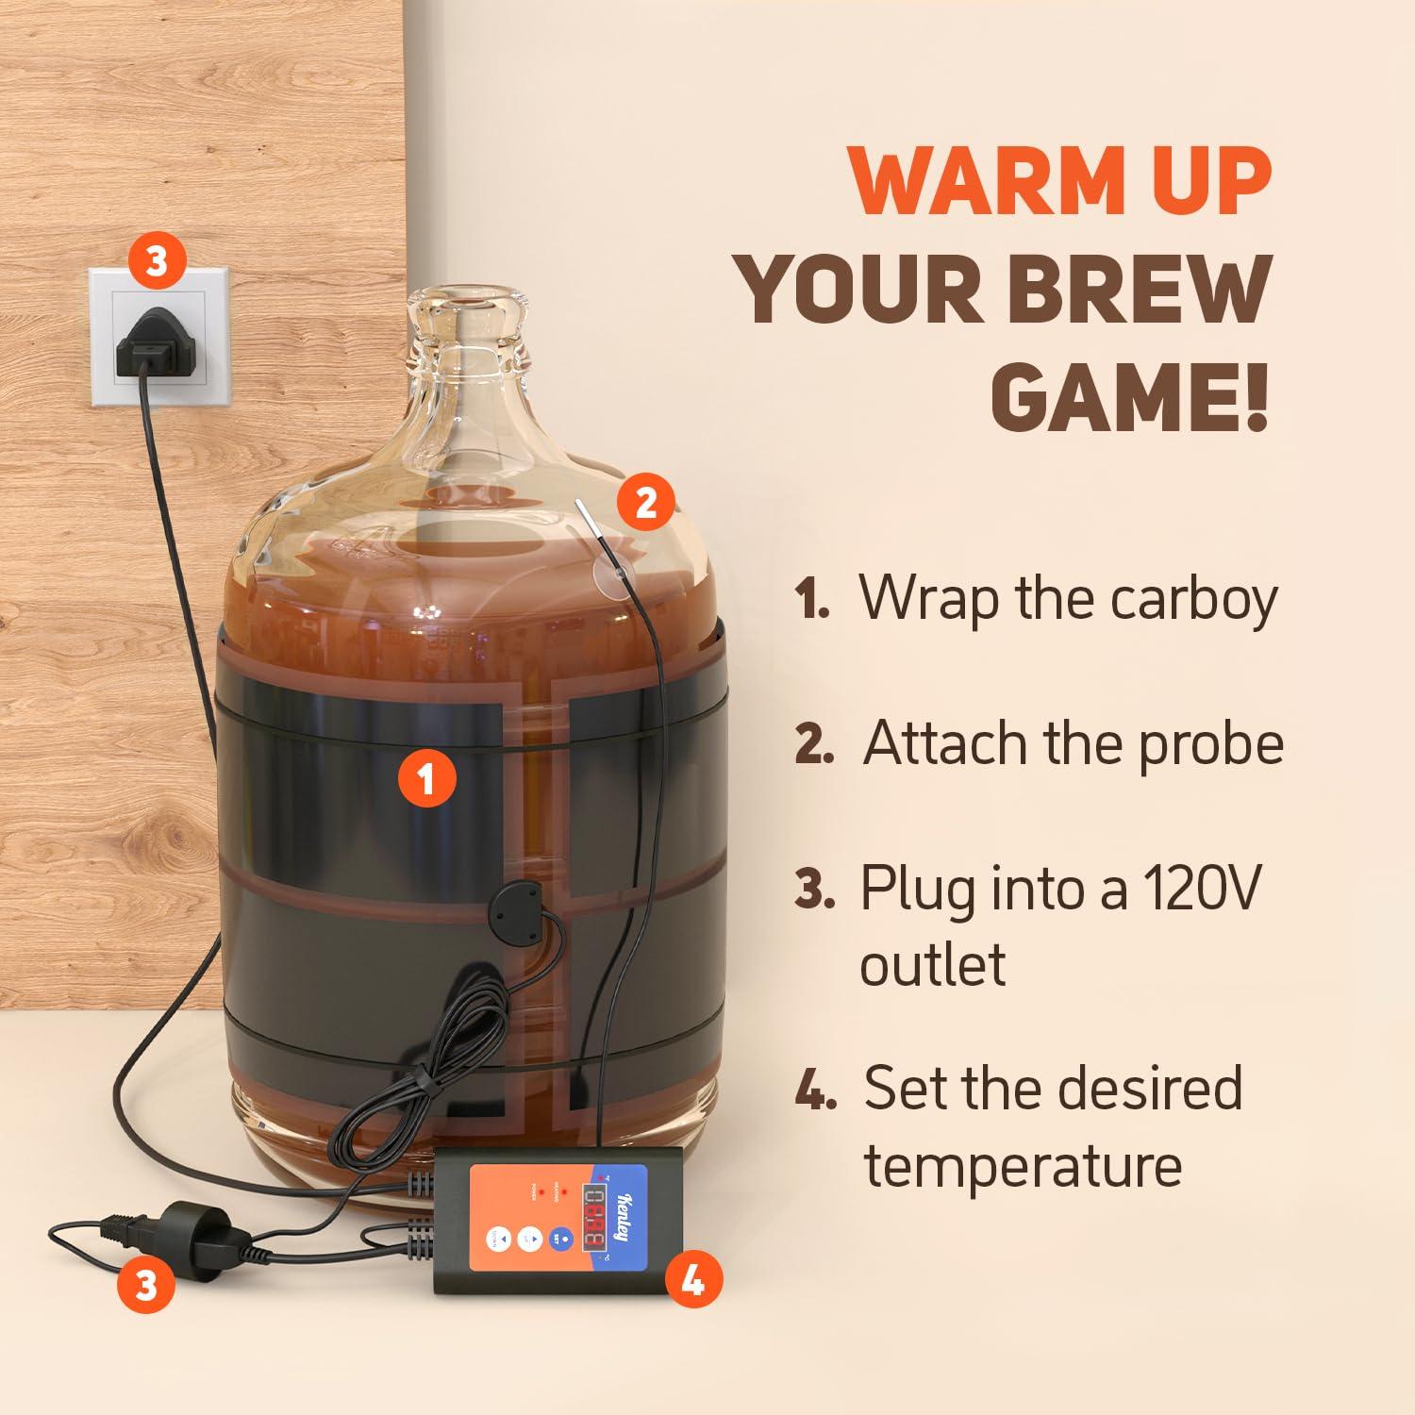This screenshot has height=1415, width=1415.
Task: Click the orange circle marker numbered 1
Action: pos(426,780)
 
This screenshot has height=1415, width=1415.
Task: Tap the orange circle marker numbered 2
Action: pos(646,502)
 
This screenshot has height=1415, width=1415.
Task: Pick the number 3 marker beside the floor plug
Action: pos(146,1284)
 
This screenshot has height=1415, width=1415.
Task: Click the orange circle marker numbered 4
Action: pos(693,1280)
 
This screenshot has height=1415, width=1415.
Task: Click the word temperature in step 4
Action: pos(1024,1165)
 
